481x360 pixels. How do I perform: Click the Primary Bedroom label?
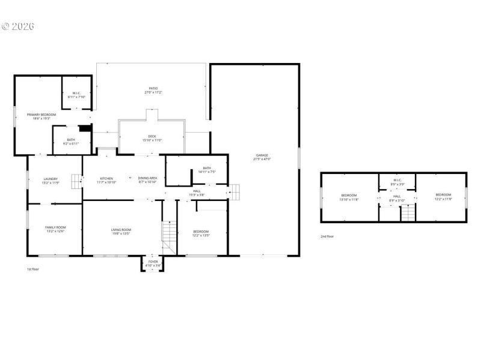coord(41,114)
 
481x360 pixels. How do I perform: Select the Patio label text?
coord(153,88)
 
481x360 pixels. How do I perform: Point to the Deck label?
coord(152,136)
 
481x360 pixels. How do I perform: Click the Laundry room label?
coord(51,179)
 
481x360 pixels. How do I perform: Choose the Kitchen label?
coord(106,178)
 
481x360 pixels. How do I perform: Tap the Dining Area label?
coord(147,178)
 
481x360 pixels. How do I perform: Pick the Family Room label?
coord(55,227)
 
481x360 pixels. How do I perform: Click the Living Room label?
coord(121,230)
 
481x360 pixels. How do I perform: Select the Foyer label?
coord(153,262)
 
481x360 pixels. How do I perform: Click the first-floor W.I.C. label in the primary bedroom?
coord(77,93)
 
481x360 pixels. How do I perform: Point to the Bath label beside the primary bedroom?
coord(71,140)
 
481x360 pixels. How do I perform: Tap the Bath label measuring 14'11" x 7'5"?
coord(207,168)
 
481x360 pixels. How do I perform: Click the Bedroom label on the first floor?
coord(201,232)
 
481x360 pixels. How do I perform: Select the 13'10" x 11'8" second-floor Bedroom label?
coord(349,195)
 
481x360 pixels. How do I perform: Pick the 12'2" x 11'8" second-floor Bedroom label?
coord(443,194)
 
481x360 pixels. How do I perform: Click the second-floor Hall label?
coord(397,196)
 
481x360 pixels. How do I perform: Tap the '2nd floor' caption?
coord(327,236)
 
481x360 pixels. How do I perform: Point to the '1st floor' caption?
coord(33,269)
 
